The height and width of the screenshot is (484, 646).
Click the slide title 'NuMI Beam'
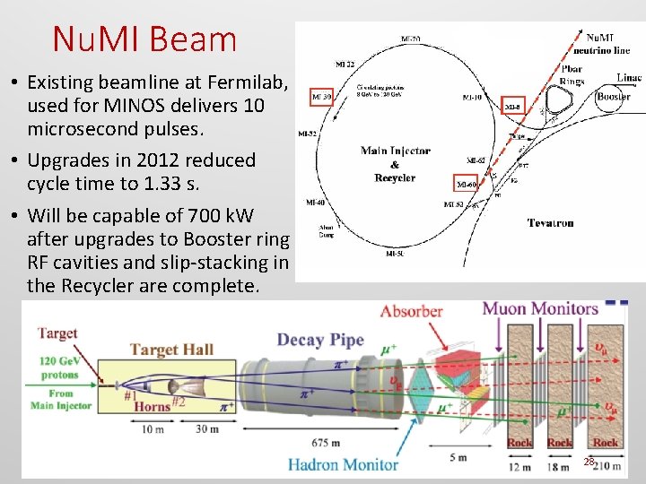coord(144,39)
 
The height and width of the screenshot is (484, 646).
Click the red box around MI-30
coord(322,96)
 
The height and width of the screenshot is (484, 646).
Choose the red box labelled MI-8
coord(512,106)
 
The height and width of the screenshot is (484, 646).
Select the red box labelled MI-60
coord(467,184)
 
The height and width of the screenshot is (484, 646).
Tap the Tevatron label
coord(551,223)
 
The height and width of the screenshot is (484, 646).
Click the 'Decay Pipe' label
coord(320,340)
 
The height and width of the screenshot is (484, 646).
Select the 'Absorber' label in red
coord(411,312)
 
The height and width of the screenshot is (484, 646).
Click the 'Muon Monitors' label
coord(540,309)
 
